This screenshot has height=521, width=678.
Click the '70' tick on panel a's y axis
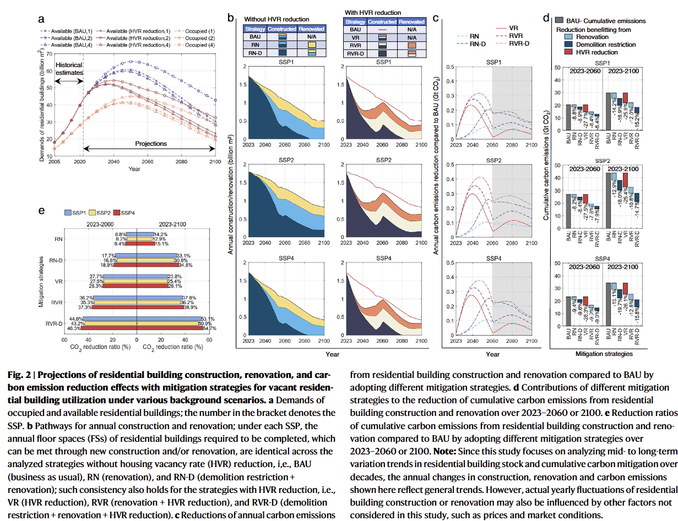48,53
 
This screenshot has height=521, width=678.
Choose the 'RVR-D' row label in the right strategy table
354,54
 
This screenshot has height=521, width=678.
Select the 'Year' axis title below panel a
134,169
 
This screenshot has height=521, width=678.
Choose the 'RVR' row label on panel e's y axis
55,303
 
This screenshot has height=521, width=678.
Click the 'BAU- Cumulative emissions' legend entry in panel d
611,21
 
